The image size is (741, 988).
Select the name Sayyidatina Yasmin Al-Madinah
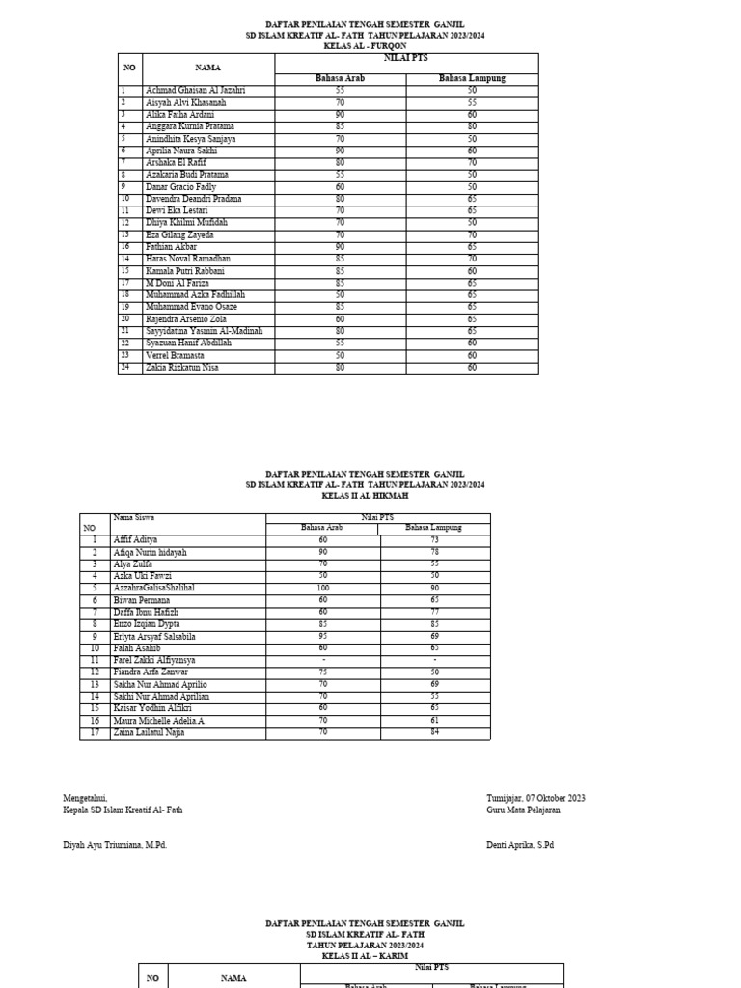tap(191, 331)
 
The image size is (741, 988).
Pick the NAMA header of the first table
tap(207, 68)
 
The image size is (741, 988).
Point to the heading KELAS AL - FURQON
tap(364, 45)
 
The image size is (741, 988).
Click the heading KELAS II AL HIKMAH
tap(365, 495)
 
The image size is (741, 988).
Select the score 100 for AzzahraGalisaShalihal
tap(323, 588)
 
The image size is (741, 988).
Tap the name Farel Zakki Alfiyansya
tap(154, 660)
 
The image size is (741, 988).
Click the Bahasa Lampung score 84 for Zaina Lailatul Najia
tap(434, 732)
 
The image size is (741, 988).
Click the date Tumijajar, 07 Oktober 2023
tap(535, 798)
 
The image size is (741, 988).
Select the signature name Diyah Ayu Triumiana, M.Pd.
tap(115, 845)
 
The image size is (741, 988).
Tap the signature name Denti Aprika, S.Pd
tap(520, 845)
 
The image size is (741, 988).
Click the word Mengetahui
tap(85, 798)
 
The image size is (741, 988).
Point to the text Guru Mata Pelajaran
tap(523, 810)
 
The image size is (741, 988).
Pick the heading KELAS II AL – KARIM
tap(365, 956)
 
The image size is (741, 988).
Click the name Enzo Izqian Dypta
tap(146, 624)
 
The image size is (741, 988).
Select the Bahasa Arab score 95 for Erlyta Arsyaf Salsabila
tap(323, 636)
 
